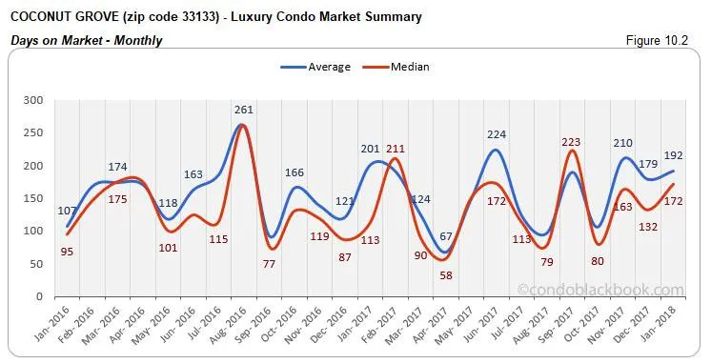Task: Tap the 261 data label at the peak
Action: coord(244,111)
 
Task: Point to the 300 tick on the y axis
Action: coord(34,100)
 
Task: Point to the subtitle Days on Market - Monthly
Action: coord(85,40)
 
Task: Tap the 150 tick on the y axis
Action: coord(34,198)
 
